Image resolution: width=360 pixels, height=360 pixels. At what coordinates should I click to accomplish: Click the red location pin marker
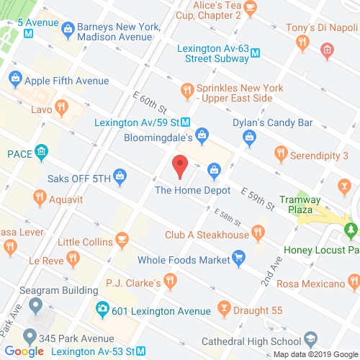[x=180, y=166]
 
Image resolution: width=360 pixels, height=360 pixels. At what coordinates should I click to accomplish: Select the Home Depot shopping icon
[x=213, y=170]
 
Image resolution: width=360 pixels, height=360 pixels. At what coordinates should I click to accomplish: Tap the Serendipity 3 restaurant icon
[x=280, y=153]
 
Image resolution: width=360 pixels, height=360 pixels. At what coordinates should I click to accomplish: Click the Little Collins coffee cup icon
[x=122, y=238]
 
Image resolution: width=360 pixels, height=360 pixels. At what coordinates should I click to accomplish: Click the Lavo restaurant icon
[x=63, y=108]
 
